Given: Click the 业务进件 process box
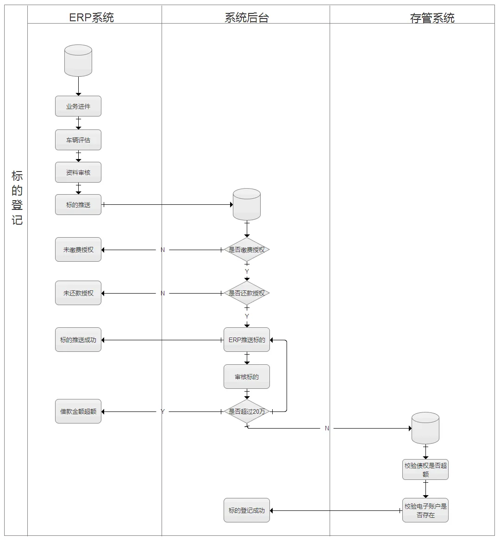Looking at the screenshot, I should point(78,106).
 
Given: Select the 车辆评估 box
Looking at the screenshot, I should point(78,140).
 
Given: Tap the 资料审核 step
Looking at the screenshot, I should point(78,172).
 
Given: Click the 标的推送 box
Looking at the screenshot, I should point(78,205).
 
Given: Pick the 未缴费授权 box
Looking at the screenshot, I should point(78,250).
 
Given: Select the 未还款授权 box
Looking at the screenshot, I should point(78,293).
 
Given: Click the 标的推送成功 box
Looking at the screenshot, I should point(78,340).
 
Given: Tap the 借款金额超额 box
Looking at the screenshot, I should point(78,411).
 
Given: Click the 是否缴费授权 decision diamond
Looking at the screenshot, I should point(247,250).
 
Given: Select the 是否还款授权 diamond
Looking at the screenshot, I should point(247,293).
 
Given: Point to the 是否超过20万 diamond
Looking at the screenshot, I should point(247,411).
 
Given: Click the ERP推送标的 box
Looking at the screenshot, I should point(247,340).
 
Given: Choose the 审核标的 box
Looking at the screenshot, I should point(247,377).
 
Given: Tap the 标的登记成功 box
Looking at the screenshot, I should point(247,510).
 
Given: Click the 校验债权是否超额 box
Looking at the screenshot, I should point(425,470).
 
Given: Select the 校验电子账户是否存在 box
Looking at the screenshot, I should point(425,510).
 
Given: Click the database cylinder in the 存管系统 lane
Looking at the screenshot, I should point(425,428).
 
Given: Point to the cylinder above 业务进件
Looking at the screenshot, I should point(78,61).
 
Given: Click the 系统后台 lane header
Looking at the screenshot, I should point(246,18).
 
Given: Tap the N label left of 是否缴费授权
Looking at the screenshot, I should point(162,250).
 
